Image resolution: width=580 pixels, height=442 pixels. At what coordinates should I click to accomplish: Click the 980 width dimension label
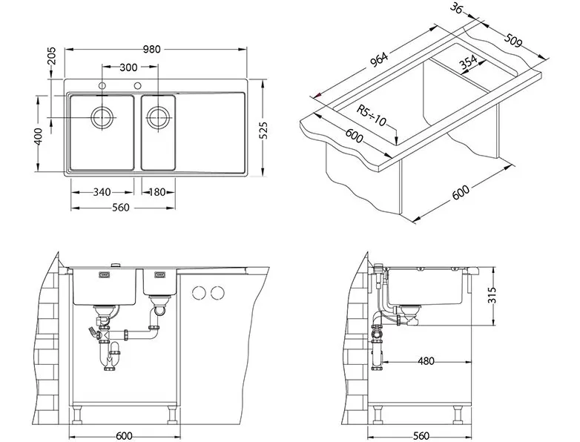pos(151,49)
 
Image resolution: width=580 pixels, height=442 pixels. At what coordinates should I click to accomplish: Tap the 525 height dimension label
pos(263,131)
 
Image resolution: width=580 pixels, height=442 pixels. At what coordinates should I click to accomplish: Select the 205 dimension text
pos(51,56)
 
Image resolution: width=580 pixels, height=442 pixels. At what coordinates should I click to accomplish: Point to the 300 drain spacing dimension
pos(128,67)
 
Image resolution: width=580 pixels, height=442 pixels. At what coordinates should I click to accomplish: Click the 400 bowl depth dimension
pos(38,136)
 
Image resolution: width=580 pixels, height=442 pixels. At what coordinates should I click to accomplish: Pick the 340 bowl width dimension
pos(102,192)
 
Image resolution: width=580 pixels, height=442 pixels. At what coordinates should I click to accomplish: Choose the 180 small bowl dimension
pos(157,192)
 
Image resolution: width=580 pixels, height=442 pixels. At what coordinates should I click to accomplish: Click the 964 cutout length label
pos(379,60)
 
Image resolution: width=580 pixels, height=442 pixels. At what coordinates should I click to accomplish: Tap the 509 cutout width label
pos(512,41)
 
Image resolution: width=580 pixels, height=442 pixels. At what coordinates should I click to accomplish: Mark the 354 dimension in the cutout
pos(468,63)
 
